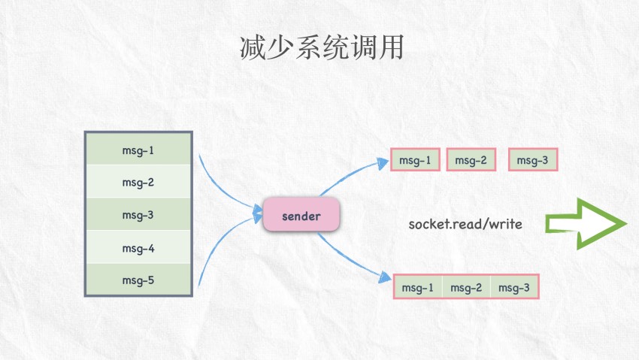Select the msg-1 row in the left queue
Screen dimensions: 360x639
pos(138,150)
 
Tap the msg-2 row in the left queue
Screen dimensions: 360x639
pos(138,182)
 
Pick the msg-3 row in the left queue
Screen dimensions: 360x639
pos(138,215)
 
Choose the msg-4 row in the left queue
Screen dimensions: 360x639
pos(138,247)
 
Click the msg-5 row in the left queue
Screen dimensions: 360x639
pos(138,280)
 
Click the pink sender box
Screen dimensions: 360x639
pos(301,216)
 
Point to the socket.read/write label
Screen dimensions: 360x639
pos(465,224)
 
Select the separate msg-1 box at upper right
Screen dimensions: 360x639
pos(415,160)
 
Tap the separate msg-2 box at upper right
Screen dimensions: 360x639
pos(471,160)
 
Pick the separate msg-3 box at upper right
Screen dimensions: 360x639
pos(533,160)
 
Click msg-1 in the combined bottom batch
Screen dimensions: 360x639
pos(418,288)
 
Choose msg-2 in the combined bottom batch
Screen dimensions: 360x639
pos(466,288)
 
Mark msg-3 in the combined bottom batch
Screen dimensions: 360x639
pos(514,288)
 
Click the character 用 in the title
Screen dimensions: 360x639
pos(390,47)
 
